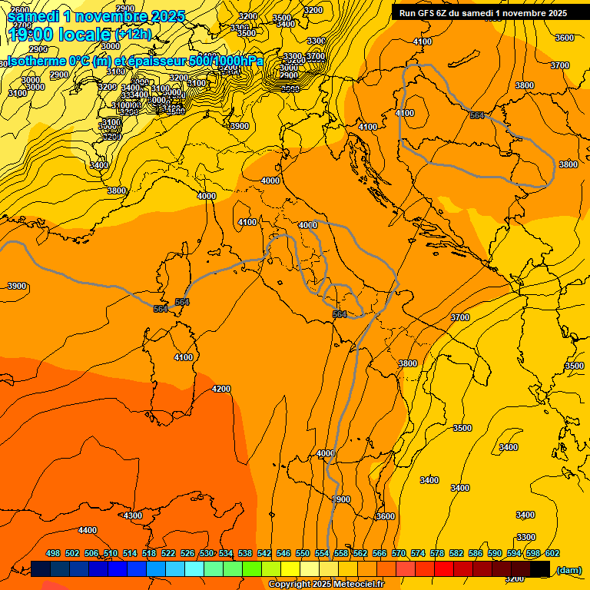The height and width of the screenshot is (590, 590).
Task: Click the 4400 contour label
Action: [88, 530]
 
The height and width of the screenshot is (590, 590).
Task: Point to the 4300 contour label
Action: [133, 515]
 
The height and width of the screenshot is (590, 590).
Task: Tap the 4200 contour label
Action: [221, 389]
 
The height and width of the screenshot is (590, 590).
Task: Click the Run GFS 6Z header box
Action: [483, 12]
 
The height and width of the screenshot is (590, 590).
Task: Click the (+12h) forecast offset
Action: [133, 35]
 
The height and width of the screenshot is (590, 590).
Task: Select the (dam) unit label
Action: [568, 569]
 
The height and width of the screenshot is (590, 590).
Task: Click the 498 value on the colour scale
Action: [53, 554]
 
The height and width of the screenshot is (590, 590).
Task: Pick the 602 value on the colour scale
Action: [552, 554]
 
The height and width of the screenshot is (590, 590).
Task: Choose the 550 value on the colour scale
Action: [303, 554]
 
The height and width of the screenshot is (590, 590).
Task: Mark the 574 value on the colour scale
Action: [418, 554]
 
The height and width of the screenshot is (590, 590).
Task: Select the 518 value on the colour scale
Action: [149, 554]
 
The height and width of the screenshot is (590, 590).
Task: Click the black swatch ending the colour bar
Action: [540, 568]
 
